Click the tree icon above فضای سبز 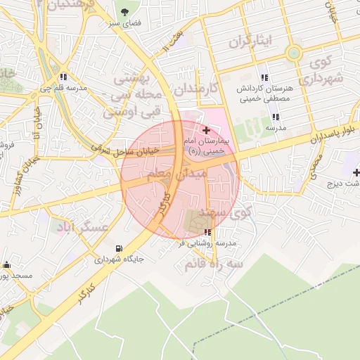click(x=124, y=12)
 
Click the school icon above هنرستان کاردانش click(x=264, y=77)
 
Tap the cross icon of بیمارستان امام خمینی click(x=205, y=131)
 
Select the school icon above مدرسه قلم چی click(x=64, y=77)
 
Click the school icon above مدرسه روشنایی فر click(x=207, y=232)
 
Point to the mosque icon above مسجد click(x=7, y=265)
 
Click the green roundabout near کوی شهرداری click(x=294, y=53)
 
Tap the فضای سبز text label click(x=124, y=23)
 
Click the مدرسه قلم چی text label click(x=63, y=89)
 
